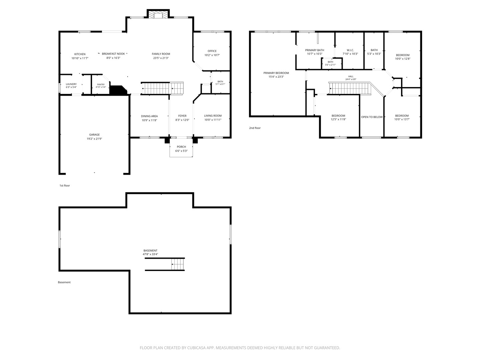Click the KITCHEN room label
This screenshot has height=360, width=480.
(x=80, y=54)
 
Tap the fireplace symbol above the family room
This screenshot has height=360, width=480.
(x=158, y=15)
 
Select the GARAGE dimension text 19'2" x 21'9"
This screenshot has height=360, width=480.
(x=94, y=139)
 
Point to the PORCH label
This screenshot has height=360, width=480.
(x=181, y=147)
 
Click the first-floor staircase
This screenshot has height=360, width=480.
(x=162, y=88)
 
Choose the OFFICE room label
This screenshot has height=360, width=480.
(x=212, y=51)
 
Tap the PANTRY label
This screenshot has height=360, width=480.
(x=101, y=84)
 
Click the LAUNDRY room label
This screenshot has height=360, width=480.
(x=71, y=84)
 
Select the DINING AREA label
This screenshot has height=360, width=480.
(x=149, y=116)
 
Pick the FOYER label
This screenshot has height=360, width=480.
(x=182, y=116)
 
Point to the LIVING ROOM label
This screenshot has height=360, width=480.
(x=213, y=116)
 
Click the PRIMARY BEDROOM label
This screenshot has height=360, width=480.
(x=276, y=73)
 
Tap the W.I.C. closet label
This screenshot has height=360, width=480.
(x=350, y=50)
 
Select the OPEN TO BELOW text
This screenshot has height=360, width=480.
(x=372, y=117)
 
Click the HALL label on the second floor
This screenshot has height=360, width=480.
(x=351, y=77)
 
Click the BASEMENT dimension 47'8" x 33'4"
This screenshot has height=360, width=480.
(x=150, y=254)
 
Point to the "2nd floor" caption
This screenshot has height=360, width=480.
(x=255, y=128)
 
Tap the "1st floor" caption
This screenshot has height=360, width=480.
(x=65, y=186)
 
